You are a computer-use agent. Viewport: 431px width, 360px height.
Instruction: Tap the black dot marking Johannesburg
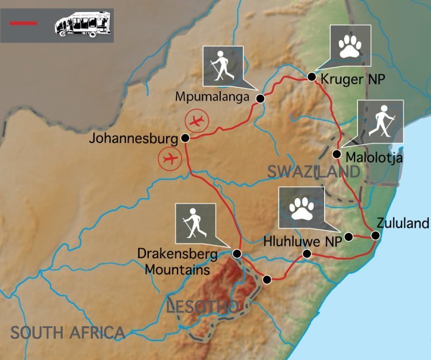[185, 138]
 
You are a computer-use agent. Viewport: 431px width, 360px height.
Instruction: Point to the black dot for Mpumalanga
[260, 99]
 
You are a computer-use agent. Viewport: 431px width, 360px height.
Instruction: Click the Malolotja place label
[374, 157]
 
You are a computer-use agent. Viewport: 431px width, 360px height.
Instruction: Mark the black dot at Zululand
[375, 235]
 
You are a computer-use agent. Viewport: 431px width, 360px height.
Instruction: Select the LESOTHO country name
[201, 306]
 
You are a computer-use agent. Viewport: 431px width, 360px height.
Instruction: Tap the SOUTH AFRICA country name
[68, 332]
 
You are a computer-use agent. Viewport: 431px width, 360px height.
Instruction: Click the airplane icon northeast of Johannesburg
[197, 121]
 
